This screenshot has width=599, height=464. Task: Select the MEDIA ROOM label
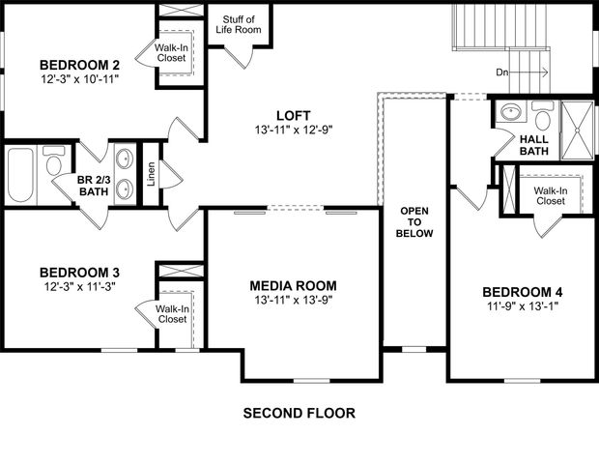pyautogui.click(x=293, y=285)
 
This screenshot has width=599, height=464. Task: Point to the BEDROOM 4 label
pyautogui.click(x=522, y=292)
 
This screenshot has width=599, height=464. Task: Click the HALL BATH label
pyautogui.click(x=534, y=143)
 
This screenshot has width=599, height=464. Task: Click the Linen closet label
pyautogui.click(x=150, y=174)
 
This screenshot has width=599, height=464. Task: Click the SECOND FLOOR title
pyautogui.click(x=299, y=414)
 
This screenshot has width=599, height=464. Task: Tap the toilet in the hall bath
pyautogui.click(x=544, y=121)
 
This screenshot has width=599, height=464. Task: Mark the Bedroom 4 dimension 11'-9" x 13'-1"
pyautogui.click(x=522, y=306)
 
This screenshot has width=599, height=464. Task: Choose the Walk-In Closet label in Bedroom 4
pyautogui.click(x=550, y=196)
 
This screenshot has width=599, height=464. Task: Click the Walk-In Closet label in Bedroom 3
pyautogui.click(x=172, y=313)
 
